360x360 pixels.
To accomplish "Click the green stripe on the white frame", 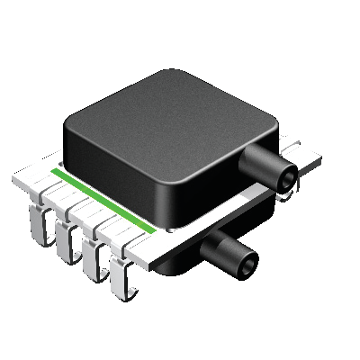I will (x=108, y=199).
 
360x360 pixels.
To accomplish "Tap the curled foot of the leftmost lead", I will (x=36, y=236).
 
